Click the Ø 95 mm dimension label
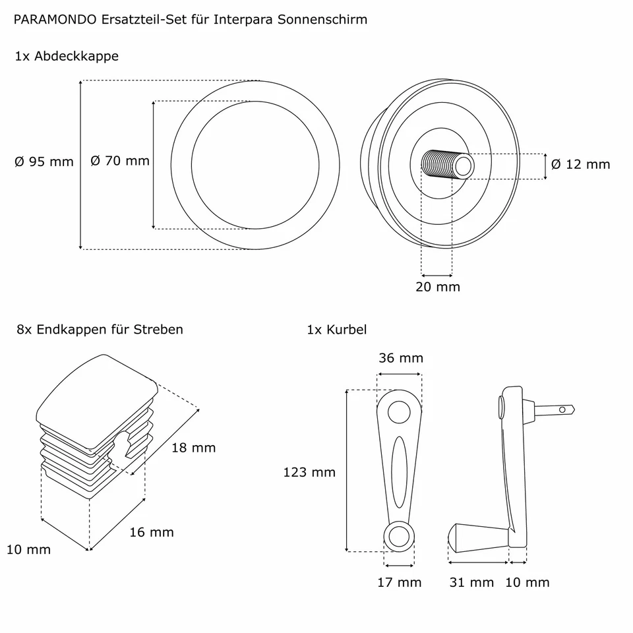point(44,162)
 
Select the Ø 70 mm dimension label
point(119,161)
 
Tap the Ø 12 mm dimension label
point(580,164)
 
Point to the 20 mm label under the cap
point(438,287)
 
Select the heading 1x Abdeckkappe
point(67,56)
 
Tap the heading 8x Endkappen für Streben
point(100,329)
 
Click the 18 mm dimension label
point(193,448)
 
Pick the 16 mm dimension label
point(151,532)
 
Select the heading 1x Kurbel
point(336,329)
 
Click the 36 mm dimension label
point(400,359)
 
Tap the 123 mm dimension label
point(309,472)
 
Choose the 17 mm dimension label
point(399,582)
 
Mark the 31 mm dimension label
point(471,582)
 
